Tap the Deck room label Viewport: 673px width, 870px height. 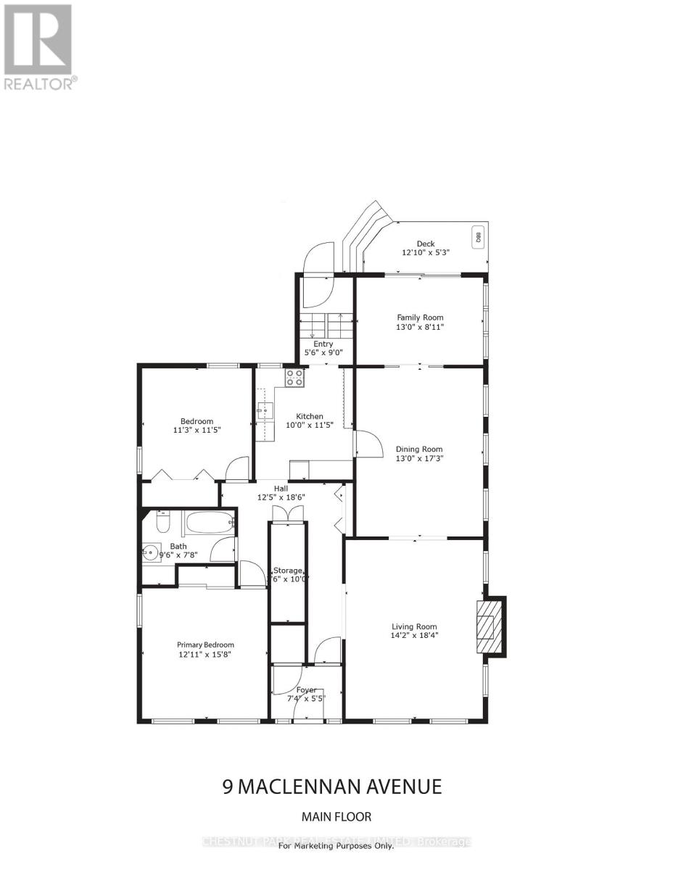tap(426, 244)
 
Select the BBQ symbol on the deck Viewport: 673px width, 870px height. tap(477, 236)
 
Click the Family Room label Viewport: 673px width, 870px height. tap(420, 318)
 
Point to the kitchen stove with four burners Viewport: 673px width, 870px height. tap(295, 376)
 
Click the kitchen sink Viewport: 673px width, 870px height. tap(265, 411)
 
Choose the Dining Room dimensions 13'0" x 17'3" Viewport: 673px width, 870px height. tap(420, 458)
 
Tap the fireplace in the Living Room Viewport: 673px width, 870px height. tap(489, 626)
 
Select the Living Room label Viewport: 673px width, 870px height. tap(414, 627)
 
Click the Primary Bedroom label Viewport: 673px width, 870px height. tap(206, 645)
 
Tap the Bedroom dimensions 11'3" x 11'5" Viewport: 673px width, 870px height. tap(197, 430)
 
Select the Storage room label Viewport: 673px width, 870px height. tap(287, 571)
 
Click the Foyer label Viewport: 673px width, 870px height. tap(306, 689)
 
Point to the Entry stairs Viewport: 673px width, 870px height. tap(326, 323)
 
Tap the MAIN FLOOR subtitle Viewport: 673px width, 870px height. tap(336, 817)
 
